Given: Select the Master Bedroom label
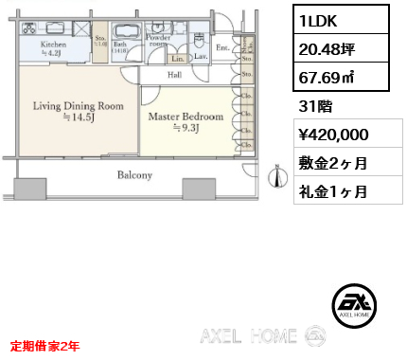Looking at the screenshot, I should (186, 117).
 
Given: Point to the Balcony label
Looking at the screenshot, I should (134, 175).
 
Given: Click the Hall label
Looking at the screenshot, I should (175, 74).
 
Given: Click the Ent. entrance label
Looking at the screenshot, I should (222, 47).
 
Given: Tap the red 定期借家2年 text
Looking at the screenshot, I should (45, 346).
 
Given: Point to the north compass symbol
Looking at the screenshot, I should (276, 177).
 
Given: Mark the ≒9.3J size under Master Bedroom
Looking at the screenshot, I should (186, 130).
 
